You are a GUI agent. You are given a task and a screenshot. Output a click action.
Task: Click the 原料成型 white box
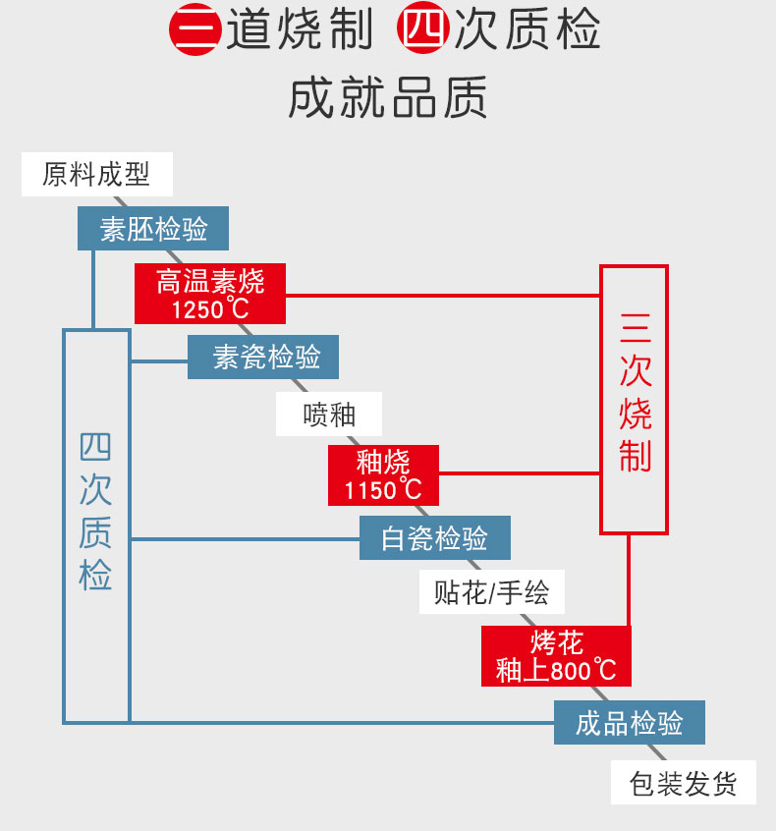tap(97, 174)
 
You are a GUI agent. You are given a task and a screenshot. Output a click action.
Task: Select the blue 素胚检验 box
tap(153, 229)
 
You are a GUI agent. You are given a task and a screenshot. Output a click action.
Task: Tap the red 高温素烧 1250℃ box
tap(210, 294)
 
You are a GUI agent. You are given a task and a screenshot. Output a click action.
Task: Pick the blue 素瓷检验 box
tap(263, 357)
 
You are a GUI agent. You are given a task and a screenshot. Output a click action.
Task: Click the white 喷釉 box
tap(329, 414)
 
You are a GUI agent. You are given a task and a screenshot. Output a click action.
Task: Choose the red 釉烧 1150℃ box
tap(383, 475)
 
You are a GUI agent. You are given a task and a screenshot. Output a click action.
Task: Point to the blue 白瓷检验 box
tap(434, 538)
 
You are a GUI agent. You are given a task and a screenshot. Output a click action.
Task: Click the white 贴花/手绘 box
tap(492, 592)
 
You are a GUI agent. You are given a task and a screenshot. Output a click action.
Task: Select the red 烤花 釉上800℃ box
tap(556, 656)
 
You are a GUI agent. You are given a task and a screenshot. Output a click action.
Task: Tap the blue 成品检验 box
tap(630, 722)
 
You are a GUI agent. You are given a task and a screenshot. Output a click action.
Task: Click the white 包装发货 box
tap(684, 782)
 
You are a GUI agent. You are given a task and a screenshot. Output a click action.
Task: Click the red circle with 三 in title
tap(194, 29)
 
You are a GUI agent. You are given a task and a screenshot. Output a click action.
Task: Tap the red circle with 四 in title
tap(423, 28)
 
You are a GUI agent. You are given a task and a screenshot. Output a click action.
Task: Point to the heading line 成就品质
tap(387, 97)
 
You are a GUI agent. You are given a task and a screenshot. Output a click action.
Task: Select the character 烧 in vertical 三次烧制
tap(635, 415)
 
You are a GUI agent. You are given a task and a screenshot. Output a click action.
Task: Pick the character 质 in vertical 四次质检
tap(95, 531)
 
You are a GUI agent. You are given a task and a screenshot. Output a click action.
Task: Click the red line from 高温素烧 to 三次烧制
tap(443, 296)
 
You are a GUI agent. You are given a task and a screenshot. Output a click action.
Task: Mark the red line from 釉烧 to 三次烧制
tap(520, 472)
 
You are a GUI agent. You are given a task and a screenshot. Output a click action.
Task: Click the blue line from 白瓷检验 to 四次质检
tap(245, 539)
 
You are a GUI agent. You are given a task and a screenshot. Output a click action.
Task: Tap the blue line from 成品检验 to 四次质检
tap(342, 722)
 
